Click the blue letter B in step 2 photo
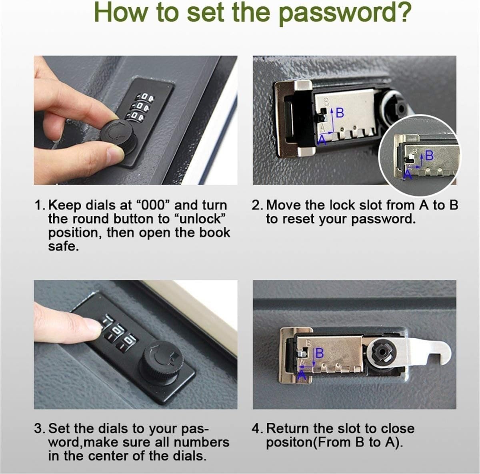(340, 113)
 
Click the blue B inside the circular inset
(429, 155)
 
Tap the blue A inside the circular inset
(408, 174)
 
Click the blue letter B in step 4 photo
(320, 353)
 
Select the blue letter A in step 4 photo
(302, 375)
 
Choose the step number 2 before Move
(256, 205)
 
